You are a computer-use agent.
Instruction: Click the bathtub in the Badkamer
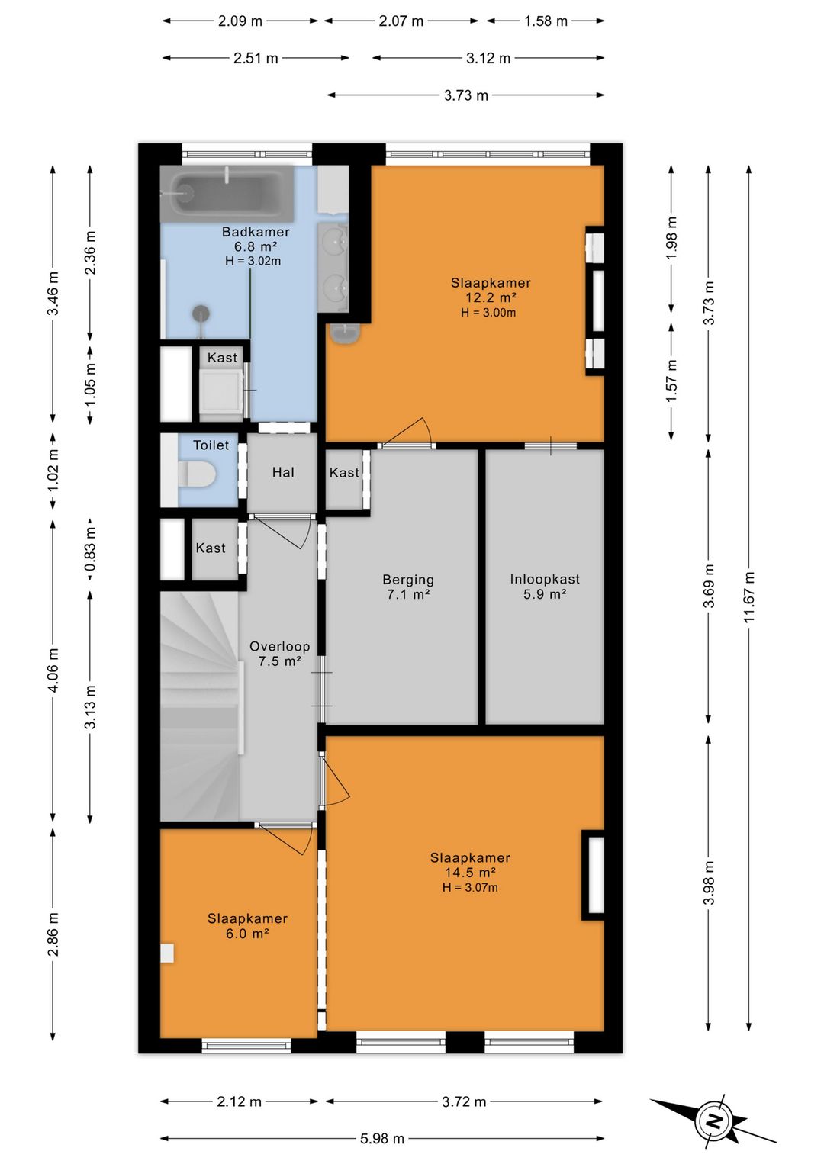tap(227, 194)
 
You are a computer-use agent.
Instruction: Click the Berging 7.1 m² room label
tap(408, 587)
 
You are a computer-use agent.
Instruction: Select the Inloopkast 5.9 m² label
tap(544, 586)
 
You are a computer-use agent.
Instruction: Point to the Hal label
tap(283, 472)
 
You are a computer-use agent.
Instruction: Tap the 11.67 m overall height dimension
tap(748, 598)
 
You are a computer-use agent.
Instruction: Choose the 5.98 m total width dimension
tap(382, 1139)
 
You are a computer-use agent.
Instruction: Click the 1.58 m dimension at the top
tap(546, 21)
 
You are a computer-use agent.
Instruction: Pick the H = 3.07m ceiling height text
tap(470, 887)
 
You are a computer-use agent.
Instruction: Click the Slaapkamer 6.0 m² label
tap(247, 925)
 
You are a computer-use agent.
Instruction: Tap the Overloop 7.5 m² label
tap(280, 653)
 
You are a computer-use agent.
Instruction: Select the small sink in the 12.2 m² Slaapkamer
tap(344, 333)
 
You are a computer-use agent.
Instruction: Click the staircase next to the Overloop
tap(201, 706)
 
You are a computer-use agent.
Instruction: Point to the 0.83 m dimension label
tap(91, 549)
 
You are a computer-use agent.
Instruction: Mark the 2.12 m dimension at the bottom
tap(239, 1101)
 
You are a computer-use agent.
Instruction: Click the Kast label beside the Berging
tap(344, 472)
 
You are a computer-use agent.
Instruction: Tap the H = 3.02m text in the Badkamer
tap(253, 261)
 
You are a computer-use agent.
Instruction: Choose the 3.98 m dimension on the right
tap(709, 883)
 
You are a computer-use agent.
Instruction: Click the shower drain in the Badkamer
tap(201, 314)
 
